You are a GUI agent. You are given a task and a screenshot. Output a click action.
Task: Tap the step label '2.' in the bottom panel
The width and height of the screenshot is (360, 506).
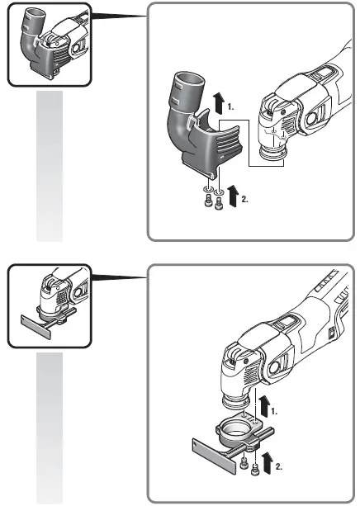279,466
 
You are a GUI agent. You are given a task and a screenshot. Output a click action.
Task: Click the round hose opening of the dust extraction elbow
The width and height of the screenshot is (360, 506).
189,81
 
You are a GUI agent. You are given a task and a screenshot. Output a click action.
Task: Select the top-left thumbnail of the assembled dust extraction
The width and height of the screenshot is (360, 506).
47,45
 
